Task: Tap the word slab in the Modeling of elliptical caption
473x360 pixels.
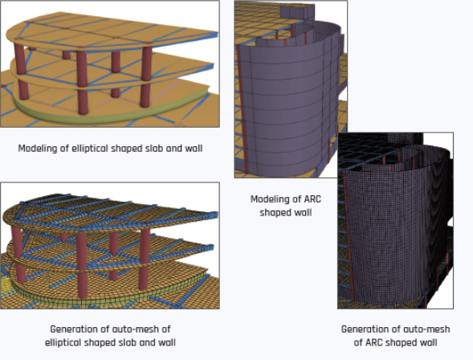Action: [x=157, y=148]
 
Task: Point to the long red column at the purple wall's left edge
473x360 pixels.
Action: [x=243, y=108]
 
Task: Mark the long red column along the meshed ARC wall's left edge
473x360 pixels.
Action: [x=348, y=235]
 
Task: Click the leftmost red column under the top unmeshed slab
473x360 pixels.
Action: [x=20, y=59]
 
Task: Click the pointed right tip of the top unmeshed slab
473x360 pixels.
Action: [x=218, y=32]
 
